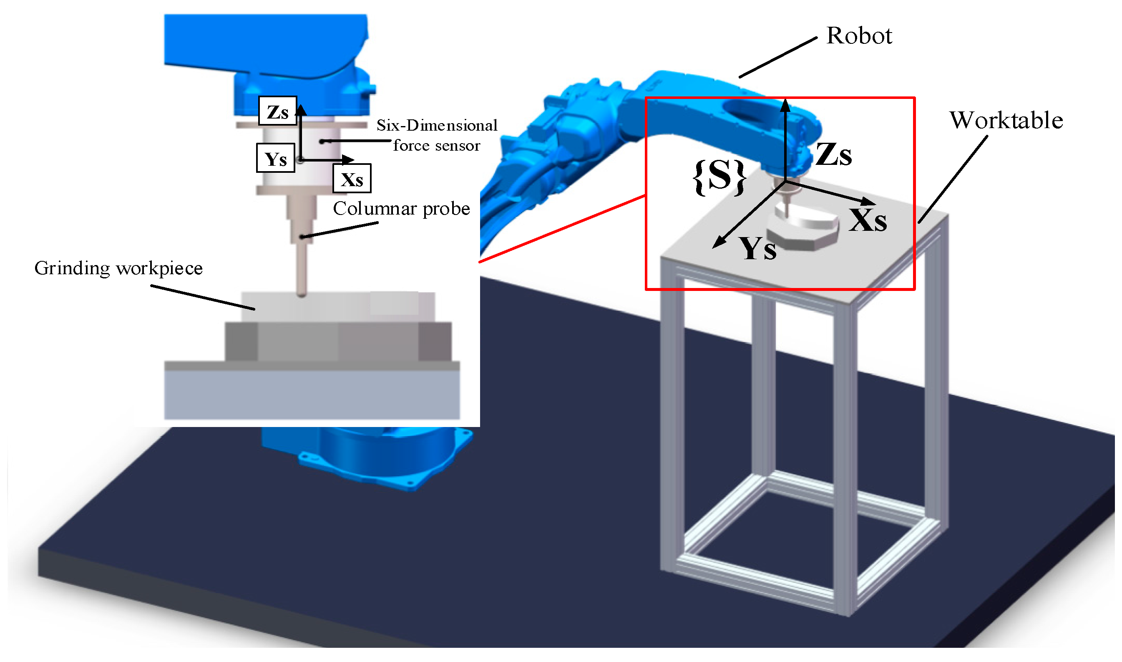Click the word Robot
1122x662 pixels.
[x=859, y=35]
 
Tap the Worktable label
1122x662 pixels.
[x=1006, y=121]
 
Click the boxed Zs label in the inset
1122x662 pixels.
[x=278, y=111]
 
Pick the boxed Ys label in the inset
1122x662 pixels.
[x=275, y=158]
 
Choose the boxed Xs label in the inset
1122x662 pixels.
[x=352, y=179]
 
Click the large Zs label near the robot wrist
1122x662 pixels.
[x=834, y=155]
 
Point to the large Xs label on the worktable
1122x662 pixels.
[x=868, y=220]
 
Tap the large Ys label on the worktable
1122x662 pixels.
[x=757, y=249]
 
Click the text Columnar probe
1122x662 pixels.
[x=401, y=209]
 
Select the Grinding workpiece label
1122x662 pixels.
[x=118, y=268]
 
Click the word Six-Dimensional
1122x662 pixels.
[x=437, y=126]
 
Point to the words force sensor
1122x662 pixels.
[x=436, y=146]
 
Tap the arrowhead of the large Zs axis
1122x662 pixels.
[x=785, y=105]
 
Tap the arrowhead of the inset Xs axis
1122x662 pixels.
[x=350, y=159]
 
